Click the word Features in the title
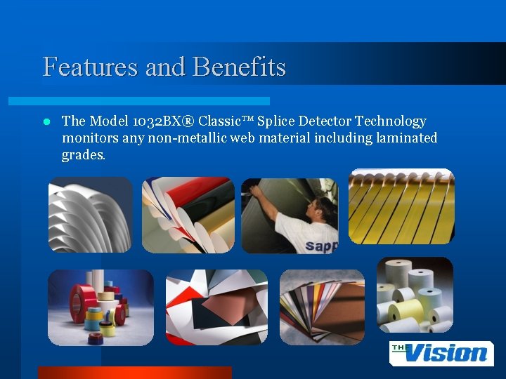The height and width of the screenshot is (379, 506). point(90,67)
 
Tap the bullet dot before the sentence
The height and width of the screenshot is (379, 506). point(46,122)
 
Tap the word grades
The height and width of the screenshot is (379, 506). point(84,155)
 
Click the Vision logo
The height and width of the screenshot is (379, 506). point(442,354)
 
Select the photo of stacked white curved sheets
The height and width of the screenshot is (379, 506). point(90,215)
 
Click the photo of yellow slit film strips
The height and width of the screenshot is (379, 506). point(402,206)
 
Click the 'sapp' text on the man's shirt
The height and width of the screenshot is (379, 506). point(321,246)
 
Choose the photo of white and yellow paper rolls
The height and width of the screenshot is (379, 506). point(415,295)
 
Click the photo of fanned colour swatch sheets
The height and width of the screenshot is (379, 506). point(322,307)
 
